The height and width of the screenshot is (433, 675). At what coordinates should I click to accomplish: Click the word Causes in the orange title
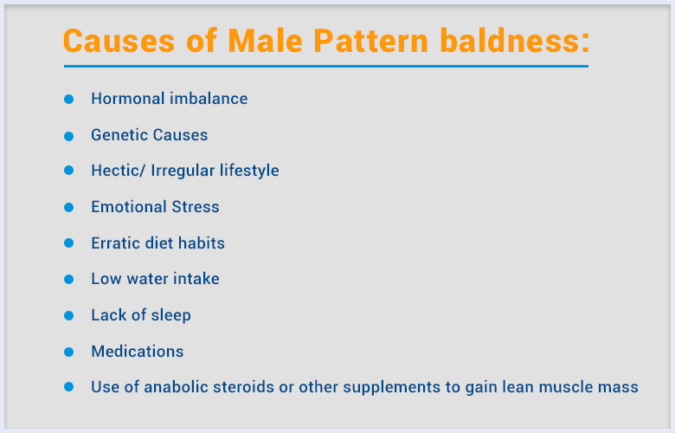tap(119, 41)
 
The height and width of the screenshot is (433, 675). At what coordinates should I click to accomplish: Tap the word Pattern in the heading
tap(370, 41)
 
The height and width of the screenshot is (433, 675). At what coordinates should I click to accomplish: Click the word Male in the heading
tap(265, 41)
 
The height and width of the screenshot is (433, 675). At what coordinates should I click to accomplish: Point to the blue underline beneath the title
tap(326, 67)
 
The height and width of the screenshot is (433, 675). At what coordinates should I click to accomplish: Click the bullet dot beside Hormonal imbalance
tap(69, 99)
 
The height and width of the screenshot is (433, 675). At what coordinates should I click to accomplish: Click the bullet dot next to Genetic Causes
tap(69, 136)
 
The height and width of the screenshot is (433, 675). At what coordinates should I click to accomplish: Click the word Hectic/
tap(119, 171)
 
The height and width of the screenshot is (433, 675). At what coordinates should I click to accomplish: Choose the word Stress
tap(196, 207)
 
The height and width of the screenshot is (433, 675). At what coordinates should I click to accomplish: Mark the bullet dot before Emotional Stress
tap(69, 207)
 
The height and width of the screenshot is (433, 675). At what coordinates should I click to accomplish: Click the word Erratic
tap(115, 243)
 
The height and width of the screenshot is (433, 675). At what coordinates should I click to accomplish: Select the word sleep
tap(170, 315)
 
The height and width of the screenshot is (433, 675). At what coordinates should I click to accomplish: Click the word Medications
tap(138, 351)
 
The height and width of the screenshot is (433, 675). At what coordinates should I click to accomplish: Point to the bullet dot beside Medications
tap(69, 352)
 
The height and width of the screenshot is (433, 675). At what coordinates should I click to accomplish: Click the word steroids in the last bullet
tap(243, 387)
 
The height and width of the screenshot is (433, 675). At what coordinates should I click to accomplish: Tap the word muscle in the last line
tap(565, 387)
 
